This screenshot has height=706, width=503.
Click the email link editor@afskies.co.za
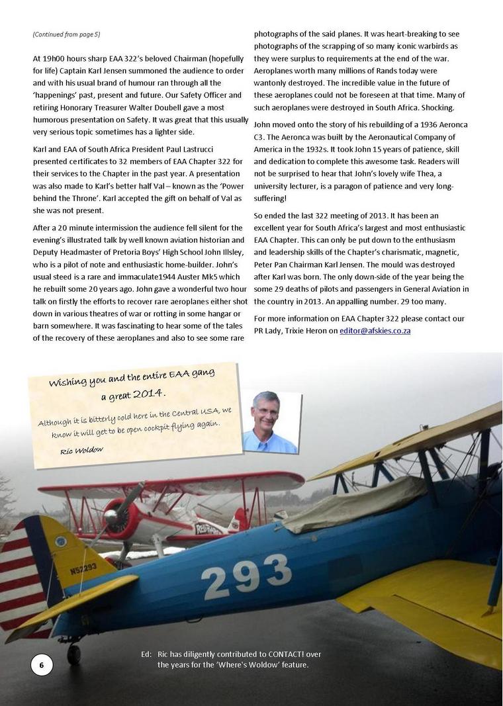point(375,330)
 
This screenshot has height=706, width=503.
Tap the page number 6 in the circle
point(42,664)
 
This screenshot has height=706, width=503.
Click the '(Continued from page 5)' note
point(66,34)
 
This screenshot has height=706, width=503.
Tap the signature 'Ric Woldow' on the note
point(81,450)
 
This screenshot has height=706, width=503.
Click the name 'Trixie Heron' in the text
point(305,330)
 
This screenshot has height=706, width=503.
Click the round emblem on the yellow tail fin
point(61,541)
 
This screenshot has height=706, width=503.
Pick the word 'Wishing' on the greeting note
point(68,383)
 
